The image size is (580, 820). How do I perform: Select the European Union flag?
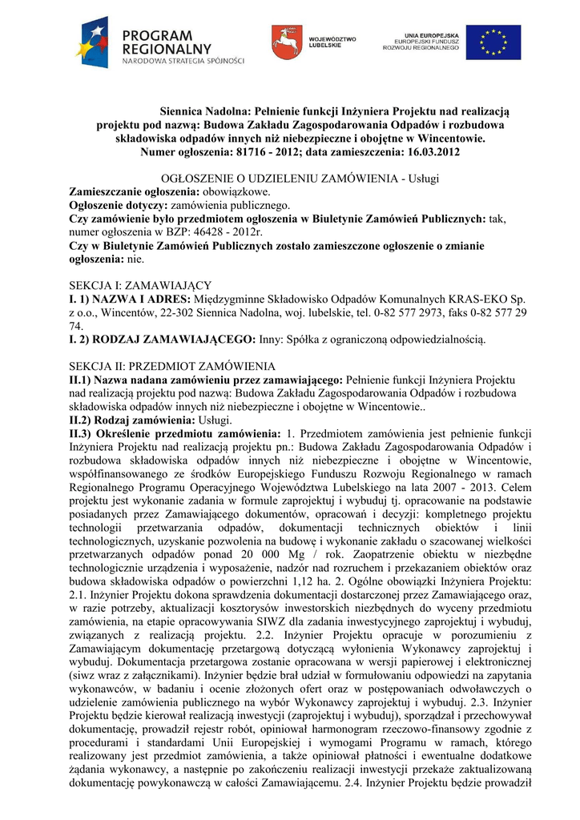(x=493, y=42)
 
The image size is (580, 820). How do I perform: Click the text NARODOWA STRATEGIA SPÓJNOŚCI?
(x=183, y=60)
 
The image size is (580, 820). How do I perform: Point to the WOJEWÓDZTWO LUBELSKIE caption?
(x=332, y=42)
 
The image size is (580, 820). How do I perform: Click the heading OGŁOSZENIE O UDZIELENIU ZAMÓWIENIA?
(x=268, y=179)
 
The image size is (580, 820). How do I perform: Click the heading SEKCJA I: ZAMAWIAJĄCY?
(x=141, y=285)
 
